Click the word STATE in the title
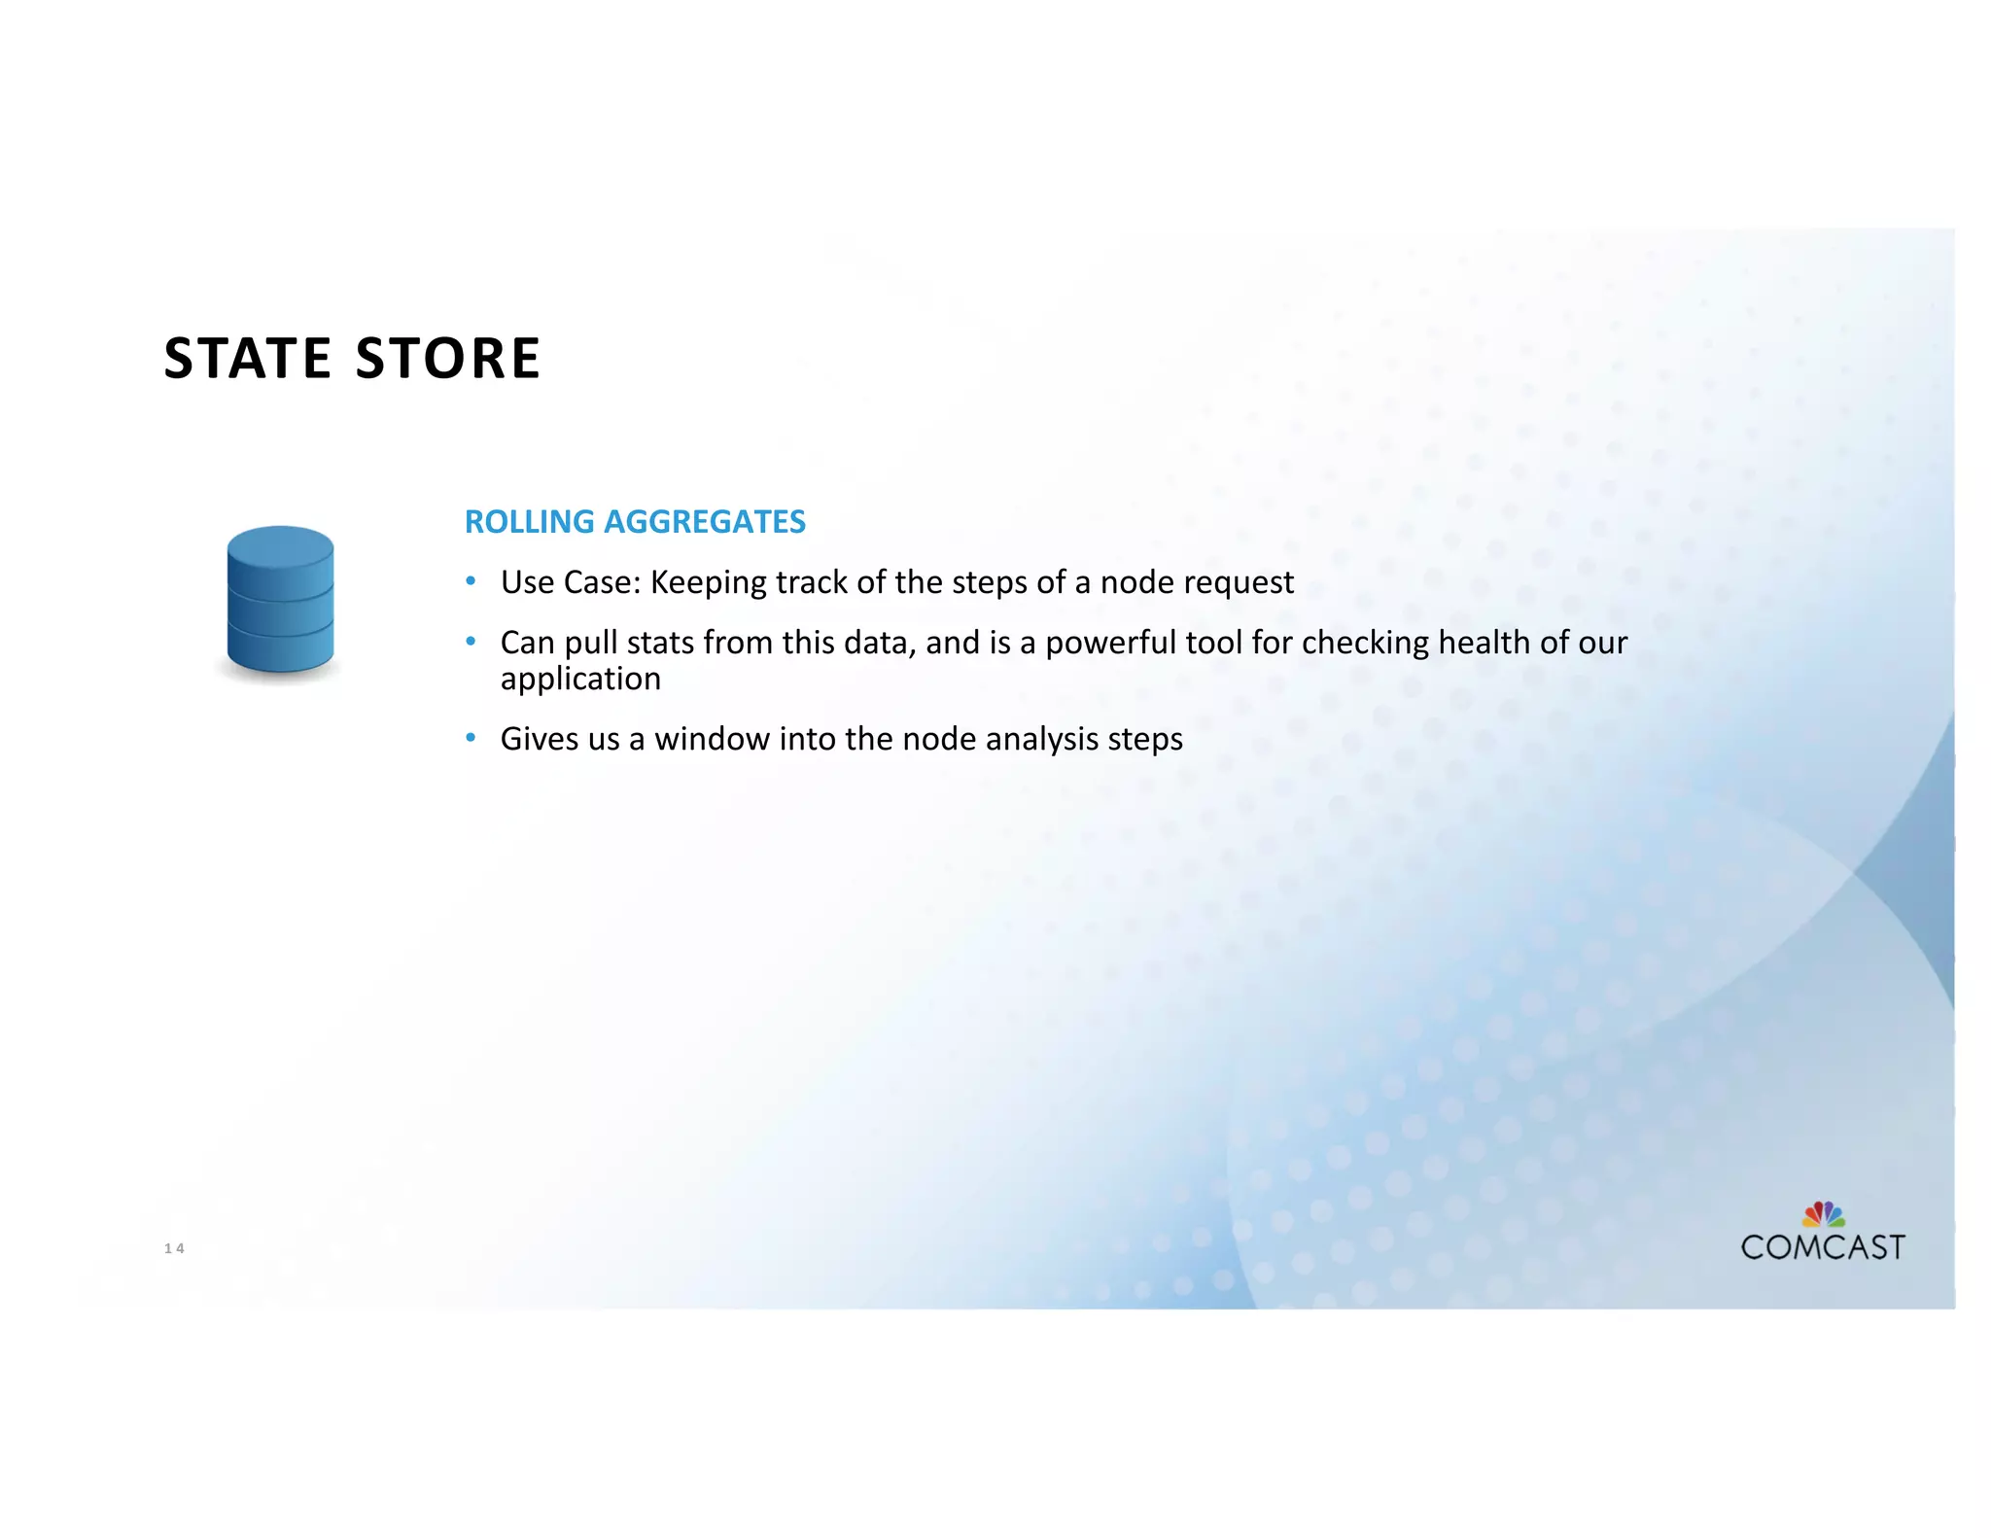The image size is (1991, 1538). point(248,358)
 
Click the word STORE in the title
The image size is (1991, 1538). point(448,358)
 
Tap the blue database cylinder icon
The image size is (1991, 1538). point(280,599)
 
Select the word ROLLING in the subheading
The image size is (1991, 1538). point(529,522)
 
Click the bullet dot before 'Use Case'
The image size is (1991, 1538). point(471,581)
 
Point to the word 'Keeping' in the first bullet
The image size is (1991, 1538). point(709,582)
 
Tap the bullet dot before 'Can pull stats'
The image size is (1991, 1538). point(471,642)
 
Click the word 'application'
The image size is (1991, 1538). point(580,679)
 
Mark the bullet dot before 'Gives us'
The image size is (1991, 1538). point(471,738)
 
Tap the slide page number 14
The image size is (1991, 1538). point(174,1248)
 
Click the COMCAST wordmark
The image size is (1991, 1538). point(1822,1247)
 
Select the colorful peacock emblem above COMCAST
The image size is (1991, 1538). point(1823,1214)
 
